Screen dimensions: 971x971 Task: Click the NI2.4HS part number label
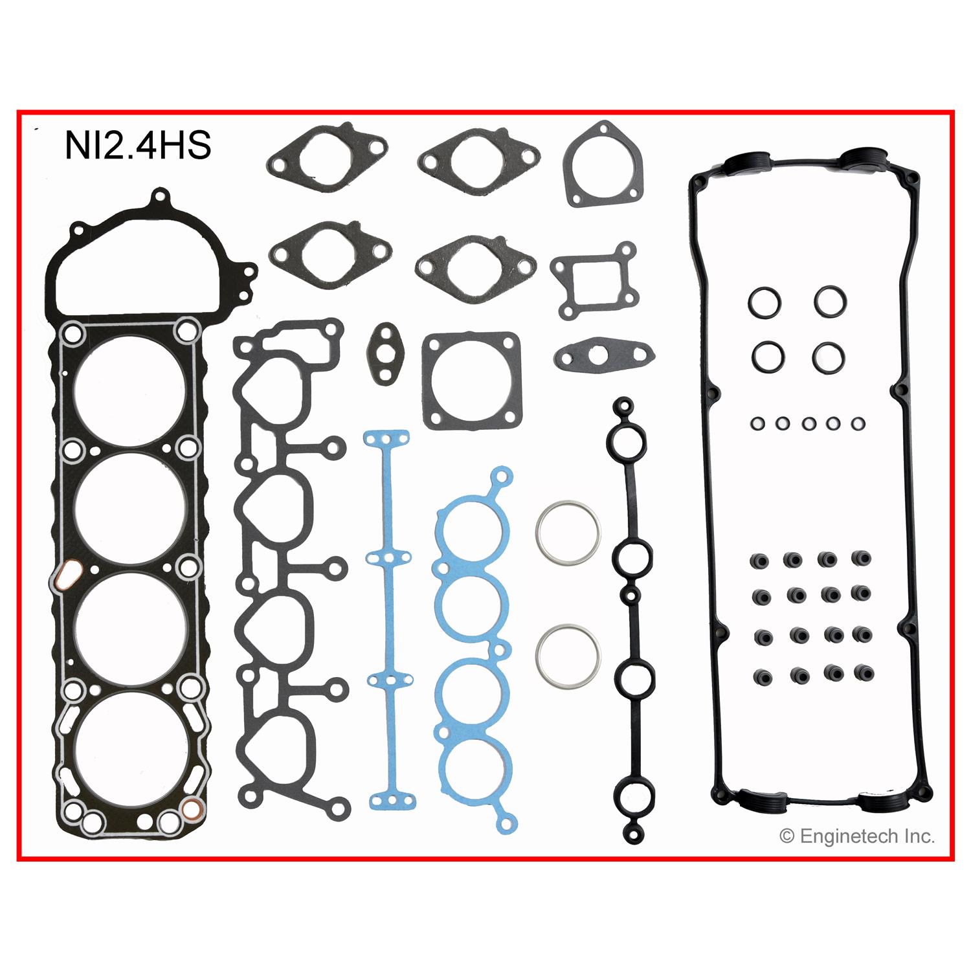(138, 146)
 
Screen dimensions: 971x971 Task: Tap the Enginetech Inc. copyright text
(857, 836)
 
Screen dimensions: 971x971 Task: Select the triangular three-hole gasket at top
(603, 164)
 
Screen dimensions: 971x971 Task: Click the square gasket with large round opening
(471, 381)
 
